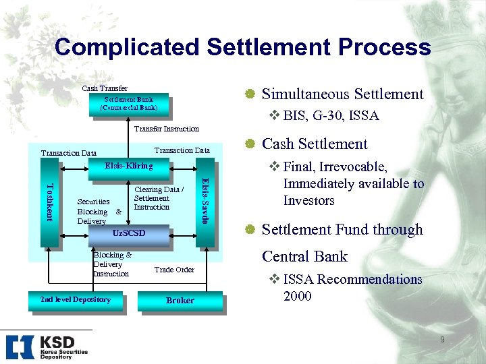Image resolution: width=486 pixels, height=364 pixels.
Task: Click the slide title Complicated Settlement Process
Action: click(x=242, y=47)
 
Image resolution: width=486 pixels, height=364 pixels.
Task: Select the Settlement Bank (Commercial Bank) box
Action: click(x=128, y=104)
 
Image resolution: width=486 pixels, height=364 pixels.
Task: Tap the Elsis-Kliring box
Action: click(x=128, y=165)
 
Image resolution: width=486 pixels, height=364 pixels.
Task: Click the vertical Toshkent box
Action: click(x=49, y=201)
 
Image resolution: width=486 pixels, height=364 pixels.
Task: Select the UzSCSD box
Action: click(x=128, y=233)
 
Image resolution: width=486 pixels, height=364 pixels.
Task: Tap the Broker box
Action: click(x=180, y=301)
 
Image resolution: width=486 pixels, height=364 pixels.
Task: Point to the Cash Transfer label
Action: click(x=104, y=88)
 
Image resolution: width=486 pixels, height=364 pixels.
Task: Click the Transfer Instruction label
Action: click(x=167, y=129)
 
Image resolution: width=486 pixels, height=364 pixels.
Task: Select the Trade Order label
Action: click(x=174, y=270)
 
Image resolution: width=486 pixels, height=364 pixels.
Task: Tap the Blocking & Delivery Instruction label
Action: click(x=112, y=264)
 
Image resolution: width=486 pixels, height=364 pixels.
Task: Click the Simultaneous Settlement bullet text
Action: click(x=342, y=94)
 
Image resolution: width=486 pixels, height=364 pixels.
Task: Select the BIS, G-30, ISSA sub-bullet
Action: click(x=330, y=116)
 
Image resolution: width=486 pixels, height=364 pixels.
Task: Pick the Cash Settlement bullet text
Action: click(x=314, y=144)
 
